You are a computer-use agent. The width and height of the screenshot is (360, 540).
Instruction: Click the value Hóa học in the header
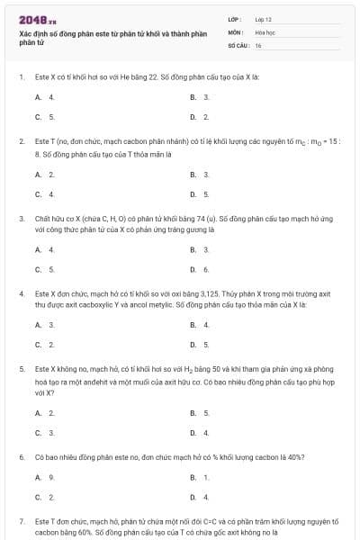[265, 31]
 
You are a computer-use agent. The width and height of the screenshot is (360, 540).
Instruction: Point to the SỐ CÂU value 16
[258, 44]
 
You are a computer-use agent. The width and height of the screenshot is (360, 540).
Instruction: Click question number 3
[22, 218]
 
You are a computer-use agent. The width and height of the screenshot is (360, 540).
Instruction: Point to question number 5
[22, 369]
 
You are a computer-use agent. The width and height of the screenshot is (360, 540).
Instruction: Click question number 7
[22, 521]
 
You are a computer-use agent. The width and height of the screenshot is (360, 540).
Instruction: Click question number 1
[22, 76]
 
